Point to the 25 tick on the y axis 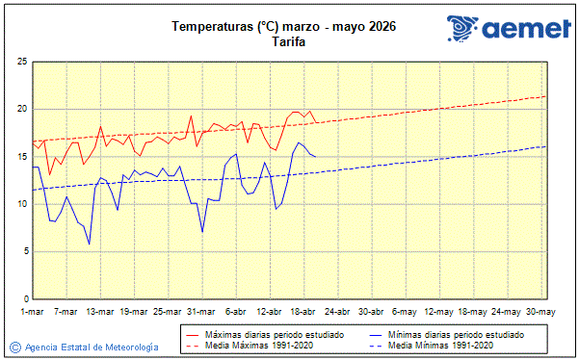21,62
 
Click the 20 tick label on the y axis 21,109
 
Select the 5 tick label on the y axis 24,251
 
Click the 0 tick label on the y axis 24,298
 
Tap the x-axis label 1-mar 33,312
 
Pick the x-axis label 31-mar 200,312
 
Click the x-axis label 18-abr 303,312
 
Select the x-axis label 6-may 406,312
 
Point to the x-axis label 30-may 539,312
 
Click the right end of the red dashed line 546,96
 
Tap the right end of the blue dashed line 546,146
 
